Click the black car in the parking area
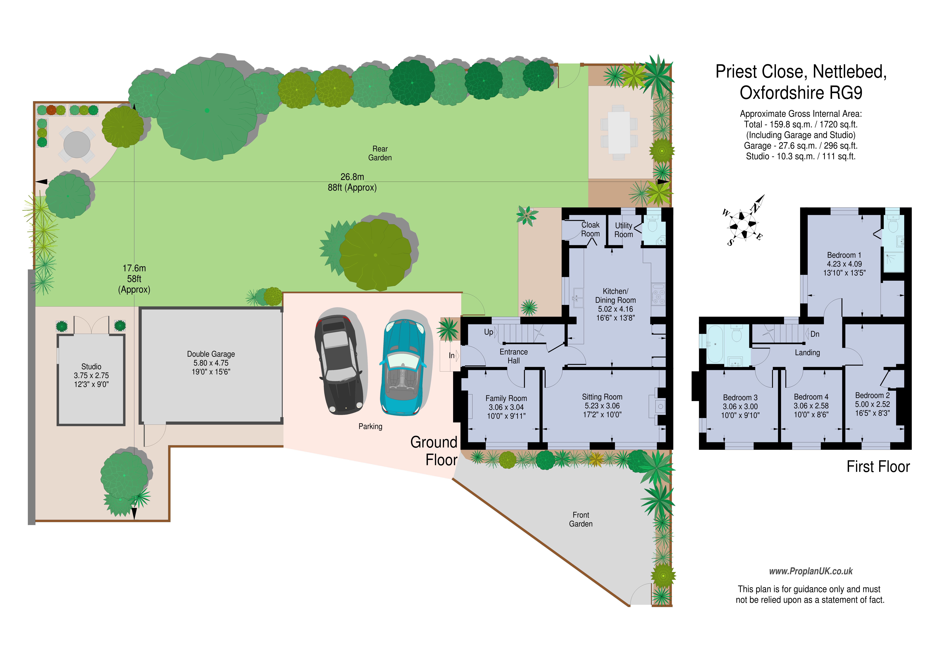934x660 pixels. (x=338, y=365)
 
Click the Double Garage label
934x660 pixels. (x=211, y=354)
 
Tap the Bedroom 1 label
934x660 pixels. (x=844, y=255)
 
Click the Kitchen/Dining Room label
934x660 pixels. (x=615, y=296)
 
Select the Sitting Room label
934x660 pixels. (x=602, y=397)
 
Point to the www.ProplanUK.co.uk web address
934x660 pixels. (x=811, y=571)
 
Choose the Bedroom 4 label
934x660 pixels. (x=811, y=396)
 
